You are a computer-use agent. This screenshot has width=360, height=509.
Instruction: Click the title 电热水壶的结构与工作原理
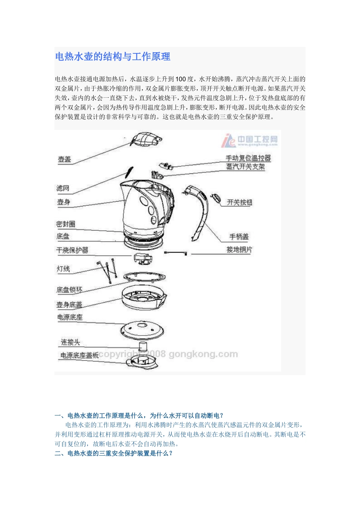click(113, 57)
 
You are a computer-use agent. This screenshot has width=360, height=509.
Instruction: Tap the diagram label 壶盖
click(64, 159)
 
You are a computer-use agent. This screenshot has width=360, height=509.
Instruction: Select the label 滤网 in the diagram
click(63, 188)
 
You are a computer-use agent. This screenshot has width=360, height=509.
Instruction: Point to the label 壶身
click(64, 202)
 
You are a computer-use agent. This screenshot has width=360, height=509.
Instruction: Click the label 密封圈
click(66, 224)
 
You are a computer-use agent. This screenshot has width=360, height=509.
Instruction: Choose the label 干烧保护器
click(72, 250)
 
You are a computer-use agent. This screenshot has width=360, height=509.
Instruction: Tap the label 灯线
click(63, 269)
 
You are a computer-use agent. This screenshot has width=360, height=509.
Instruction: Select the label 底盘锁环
click(69, 290)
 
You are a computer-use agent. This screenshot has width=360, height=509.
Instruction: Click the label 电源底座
click(70, 317)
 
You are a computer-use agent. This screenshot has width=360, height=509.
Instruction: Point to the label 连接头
click(70, 342)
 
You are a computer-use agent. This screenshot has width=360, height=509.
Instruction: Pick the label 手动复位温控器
click(248, 158)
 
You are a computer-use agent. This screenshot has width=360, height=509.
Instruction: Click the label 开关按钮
click(239, 203)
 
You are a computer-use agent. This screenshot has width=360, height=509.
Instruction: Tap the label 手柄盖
click(239, 237)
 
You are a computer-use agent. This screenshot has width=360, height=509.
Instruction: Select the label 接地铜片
click(239, 250)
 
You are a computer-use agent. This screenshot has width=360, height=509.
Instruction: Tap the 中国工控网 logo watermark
click(250, 141)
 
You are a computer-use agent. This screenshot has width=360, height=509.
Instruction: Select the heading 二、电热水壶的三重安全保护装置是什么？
click(114, 453)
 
